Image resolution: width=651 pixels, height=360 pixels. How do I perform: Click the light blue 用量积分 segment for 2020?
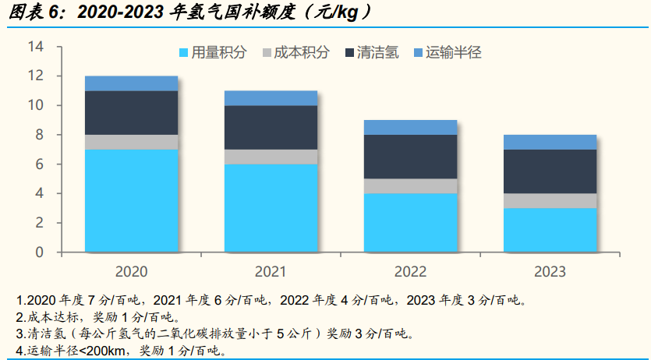[131, 200]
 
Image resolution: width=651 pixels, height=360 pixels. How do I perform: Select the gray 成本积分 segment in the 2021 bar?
[271, 157]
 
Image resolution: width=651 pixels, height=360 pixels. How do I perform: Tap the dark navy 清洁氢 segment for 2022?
[410, 157]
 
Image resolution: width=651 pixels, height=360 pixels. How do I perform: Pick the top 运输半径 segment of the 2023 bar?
[550, 142]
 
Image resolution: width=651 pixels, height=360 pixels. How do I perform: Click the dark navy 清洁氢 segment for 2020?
[131, 112]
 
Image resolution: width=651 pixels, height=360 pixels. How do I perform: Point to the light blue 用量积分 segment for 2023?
[550, 230]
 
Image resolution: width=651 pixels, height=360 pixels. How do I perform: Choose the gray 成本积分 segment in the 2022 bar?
[410, 185]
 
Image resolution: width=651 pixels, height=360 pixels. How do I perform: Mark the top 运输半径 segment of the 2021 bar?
[271, 97]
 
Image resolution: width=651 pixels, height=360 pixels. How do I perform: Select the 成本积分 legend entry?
[295, 53]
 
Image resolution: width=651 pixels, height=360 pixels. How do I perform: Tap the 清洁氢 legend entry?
[370, 53]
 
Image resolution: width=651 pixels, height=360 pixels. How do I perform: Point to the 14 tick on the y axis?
[34, 47]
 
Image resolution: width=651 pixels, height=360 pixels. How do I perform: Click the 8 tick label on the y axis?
[38, 135]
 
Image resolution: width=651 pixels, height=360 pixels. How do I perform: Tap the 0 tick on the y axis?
[38, 252]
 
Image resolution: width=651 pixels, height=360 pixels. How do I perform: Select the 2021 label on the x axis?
[271, 272]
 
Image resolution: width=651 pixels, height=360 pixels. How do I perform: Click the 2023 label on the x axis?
[550, 272]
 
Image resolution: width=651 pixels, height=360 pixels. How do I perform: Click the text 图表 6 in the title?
[31, 13]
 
